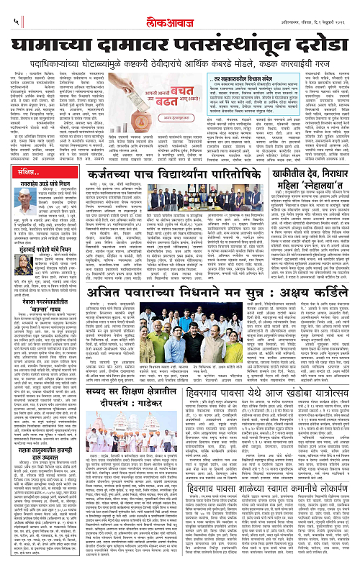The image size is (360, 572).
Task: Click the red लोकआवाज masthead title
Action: (179, 11)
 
